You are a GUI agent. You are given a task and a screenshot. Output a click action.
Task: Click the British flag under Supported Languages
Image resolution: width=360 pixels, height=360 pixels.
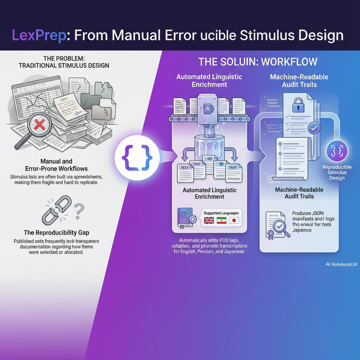pos(210,221)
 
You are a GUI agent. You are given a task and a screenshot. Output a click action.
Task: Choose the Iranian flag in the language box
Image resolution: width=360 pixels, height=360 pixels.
pos(221,221)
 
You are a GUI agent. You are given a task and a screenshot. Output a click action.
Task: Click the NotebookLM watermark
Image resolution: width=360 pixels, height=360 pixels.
pos(342,264)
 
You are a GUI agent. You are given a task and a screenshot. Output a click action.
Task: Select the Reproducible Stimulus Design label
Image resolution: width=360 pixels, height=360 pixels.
pos(337,172)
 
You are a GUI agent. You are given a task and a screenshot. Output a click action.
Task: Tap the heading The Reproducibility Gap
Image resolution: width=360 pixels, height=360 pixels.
pos(57,232)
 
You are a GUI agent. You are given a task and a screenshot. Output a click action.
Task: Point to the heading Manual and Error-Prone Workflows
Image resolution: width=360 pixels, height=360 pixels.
pos(57,165)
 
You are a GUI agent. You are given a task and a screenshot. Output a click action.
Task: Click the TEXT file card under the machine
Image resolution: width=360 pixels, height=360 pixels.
pos(184,172)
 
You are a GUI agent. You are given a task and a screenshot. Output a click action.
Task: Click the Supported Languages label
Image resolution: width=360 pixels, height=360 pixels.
pos(221,213)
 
